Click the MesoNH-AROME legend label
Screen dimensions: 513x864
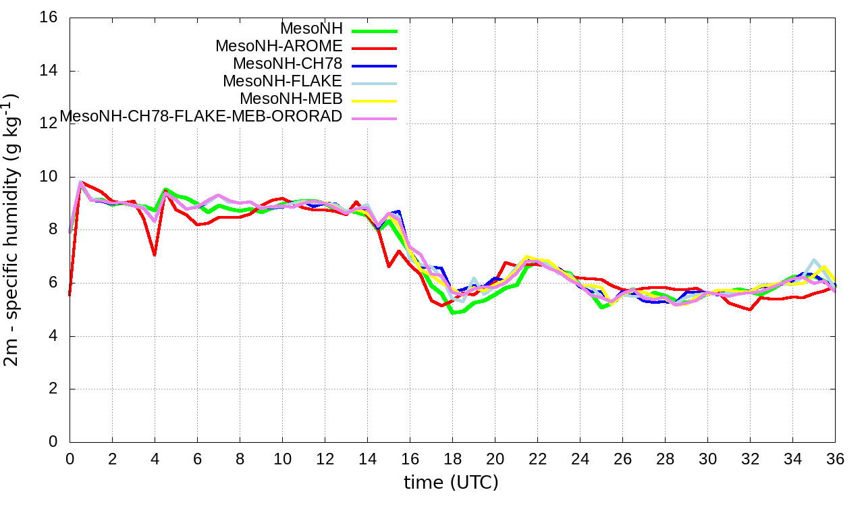[279, 47]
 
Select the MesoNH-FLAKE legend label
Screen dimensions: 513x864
[283, 82]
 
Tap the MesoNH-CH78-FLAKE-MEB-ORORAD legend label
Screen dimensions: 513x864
[201, 117]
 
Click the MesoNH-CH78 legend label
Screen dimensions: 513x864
[288, 64]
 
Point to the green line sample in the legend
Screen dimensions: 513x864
[373, 30]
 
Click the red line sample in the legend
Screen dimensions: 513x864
[373, 48]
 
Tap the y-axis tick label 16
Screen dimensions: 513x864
[49, 18]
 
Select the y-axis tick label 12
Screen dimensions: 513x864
[49, 124]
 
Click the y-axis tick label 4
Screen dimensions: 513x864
[53, 336]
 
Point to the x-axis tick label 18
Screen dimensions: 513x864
[452, 458]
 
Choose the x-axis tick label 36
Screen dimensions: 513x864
[835, 458]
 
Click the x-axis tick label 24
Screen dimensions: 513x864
[580, 458]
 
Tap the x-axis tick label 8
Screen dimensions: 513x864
[240, 458]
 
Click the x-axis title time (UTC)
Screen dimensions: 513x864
[451, 483]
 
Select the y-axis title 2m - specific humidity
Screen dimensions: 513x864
[13, 230]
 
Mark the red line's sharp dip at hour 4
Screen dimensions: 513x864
[155, 255]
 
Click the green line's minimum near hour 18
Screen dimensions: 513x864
[452, 313]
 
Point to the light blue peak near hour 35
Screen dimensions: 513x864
[814, 260]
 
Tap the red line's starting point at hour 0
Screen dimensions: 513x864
[70, 295]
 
